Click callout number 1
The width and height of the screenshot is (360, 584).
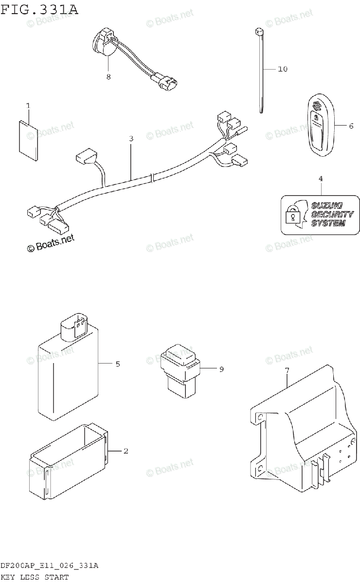pos(28,106)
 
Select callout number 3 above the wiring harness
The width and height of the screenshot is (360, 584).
pos(131,139)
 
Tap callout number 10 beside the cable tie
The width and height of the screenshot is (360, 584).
pos(283,69)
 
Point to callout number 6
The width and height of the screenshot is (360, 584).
pos(351,126)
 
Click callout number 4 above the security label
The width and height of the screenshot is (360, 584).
pos(321,180)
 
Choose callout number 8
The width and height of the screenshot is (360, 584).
pos(108,76)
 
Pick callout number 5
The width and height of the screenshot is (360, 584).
pos(118,364)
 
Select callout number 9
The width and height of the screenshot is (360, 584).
pos(221,369)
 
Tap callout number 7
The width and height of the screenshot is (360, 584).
pos(287,371)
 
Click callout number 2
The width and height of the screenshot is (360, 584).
pos(126,451)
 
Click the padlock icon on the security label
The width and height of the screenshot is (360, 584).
pos(293,215)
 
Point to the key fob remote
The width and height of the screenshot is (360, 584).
pos(318,127)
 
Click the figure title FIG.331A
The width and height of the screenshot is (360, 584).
pos(39,9)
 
